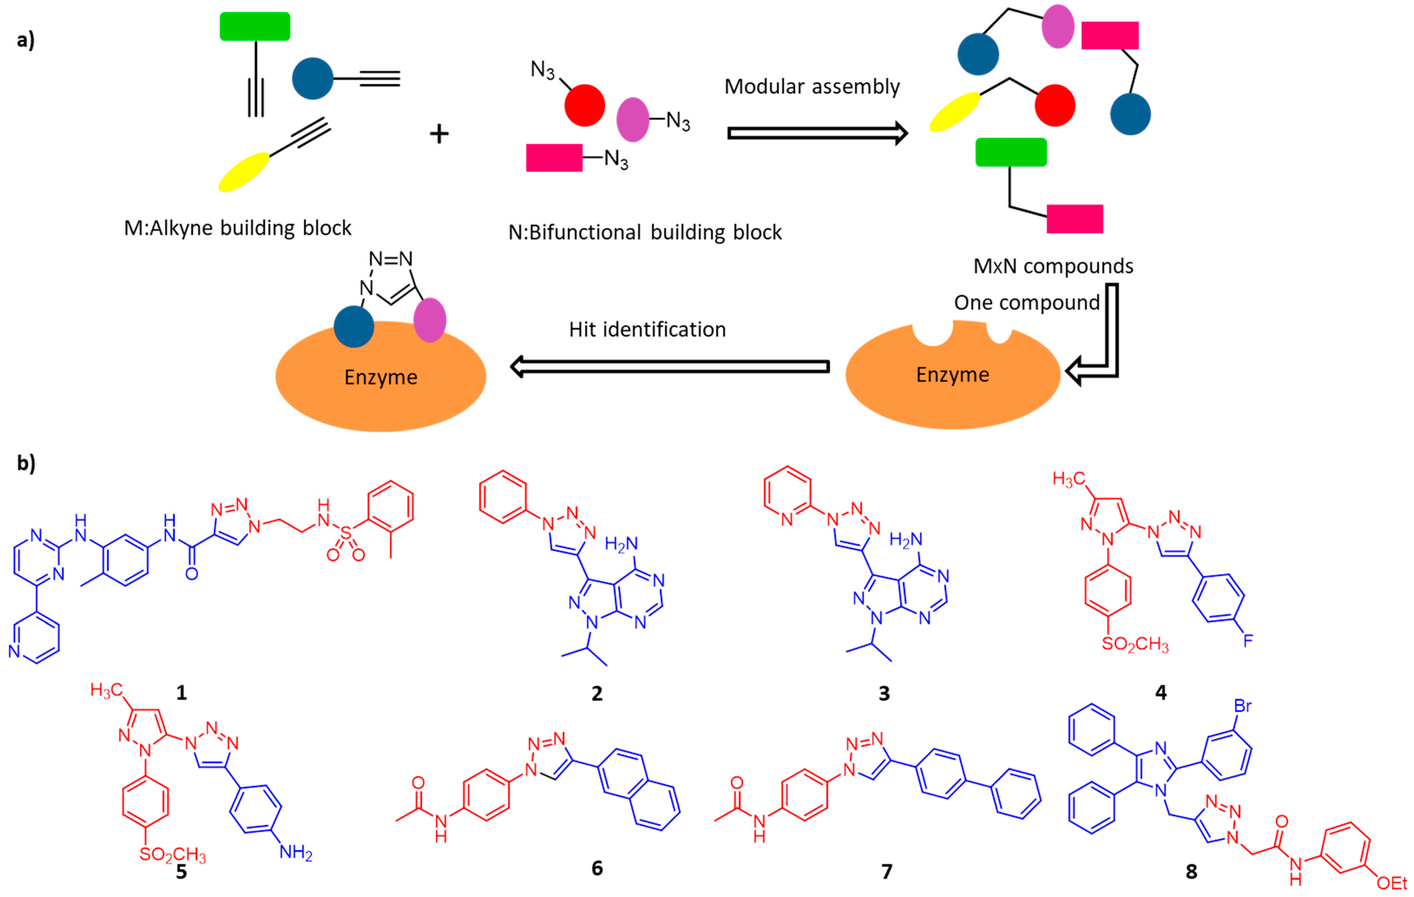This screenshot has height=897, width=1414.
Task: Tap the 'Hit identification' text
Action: click(x=647, y=330)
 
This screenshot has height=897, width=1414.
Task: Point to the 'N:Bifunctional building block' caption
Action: click(x=645, y=233)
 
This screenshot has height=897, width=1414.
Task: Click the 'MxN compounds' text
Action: click(x=1053, y=266)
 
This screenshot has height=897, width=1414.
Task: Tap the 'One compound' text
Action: click(x=1026, y=302)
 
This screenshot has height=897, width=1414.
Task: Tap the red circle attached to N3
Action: click(x=584, y=105)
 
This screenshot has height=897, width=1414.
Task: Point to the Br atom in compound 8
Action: click(x=1244, y=705)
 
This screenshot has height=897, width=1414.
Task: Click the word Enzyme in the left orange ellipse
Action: click(x=380, y=377)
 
